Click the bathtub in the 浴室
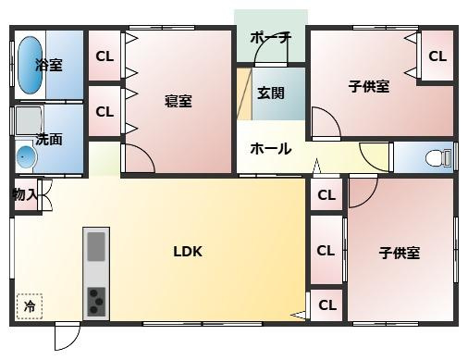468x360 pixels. coord(29,65)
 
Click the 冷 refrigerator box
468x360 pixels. coord(29,305)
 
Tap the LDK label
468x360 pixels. coord(188,251)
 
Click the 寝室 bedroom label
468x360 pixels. coord(178,101)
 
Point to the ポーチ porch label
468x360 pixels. coord(271,38)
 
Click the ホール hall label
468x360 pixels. coord(271,148)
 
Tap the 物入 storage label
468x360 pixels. coord(25,194)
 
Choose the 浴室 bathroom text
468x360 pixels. coord(49,65)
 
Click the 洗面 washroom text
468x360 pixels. coord(49,139)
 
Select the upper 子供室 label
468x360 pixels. coord(369,87)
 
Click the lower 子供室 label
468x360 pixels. coord(400,253)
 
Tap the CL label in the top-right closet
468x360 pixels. coord(437,56)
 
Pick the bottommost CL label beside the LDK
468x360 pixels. coord(326,304)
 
